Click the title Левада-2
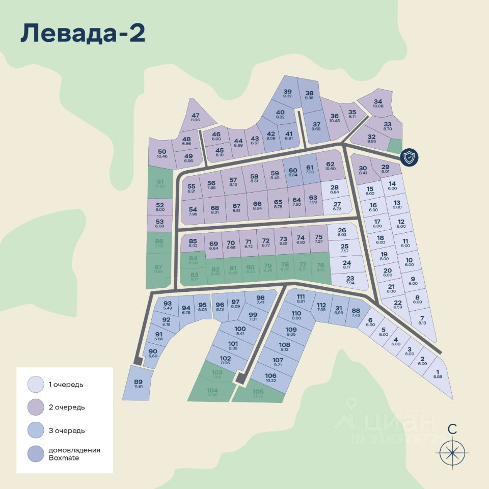click(83, 34)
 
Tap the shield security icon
click(410, 157)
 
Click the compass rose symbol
click(452, 451)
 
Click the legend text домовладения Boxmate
click(74, 454)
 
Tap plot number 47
click(195, 117)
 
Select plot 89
click(138, 385)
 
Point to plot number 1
click(438, 374)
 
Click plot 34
click(377, 103)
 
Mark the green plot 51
click(160, 184)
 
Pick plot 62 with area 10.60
click(330, 166)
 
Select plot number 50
click(162, 153)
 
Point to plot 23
click(350, 281)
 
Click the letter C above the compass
click(452, 429)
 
